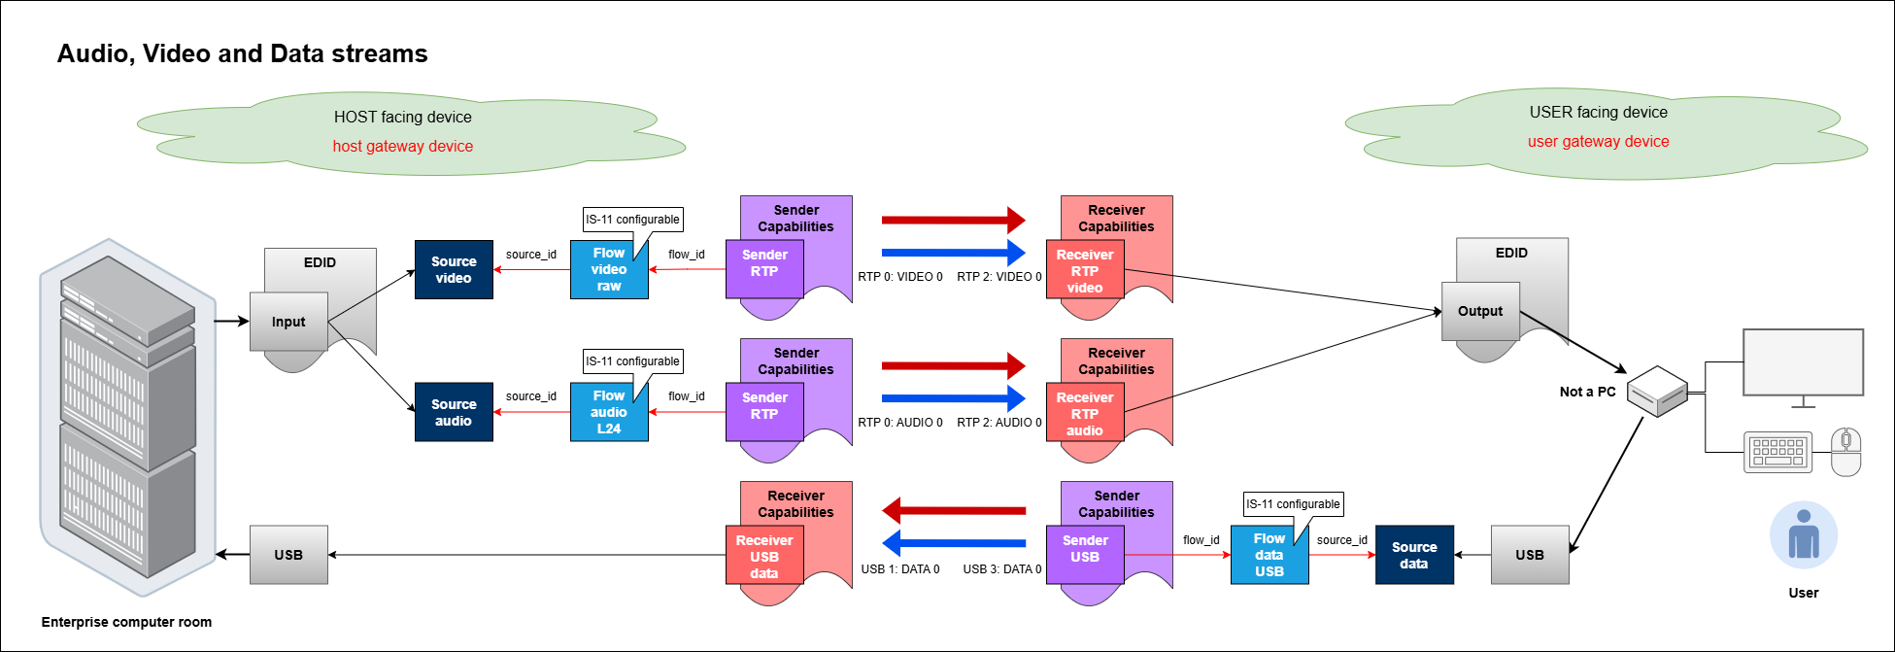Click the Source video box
point(454,269)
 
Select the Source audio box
point(454,412)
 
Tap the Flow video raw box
point(609,269)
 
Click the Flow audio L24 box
point(609,412)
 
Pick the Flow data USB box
point(1269,555)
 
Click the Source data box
point(1414,555)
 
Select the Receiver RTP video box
point(1085,270)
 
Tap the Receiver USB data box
point(764,556)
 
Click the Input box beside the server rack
point(288,322)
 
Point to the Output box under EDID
point(1480,311)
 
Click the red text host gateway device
point(403,146)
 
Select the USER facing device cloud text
point(1598,112)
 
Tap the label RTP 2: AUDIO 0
point(998,423)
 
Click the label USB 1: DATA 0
point(900,569)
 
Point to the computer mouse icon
point(1845,452)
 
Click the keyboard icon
point(1777,452)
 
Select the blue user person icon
point(1804,535)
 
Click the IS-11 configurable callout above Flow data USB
point(1293,504)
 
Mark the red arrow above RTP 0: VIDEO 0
point(953,220)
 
